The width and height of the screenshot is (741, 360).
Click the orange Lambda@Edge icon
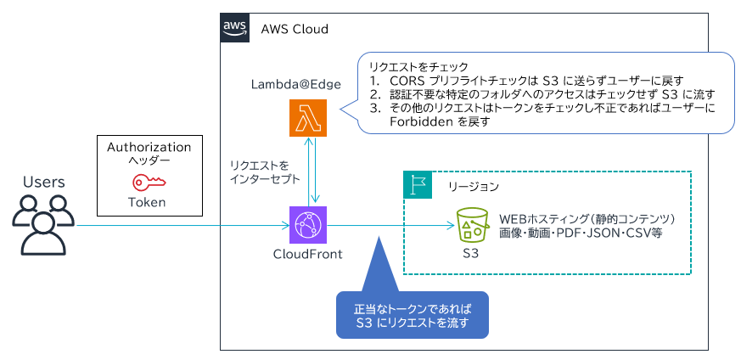[306, 118]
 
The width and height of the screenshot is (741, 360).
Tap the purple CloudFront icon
[306, 225]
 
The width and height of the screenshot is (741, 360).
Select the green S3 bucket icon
[472, 225]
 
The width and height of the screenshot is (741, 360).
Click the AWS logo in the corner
[235, 27]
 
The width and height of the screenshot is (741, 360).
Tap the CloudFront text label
[307, 254]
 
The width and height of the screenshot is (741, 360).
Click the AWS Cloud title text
[295, 29]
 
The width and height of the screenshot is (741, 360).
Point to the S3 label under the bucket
[473, 253]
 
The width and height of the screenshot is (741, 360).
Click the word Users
[43, 182]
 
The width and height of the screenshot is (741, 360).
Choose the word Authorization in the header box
[149, 147]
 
